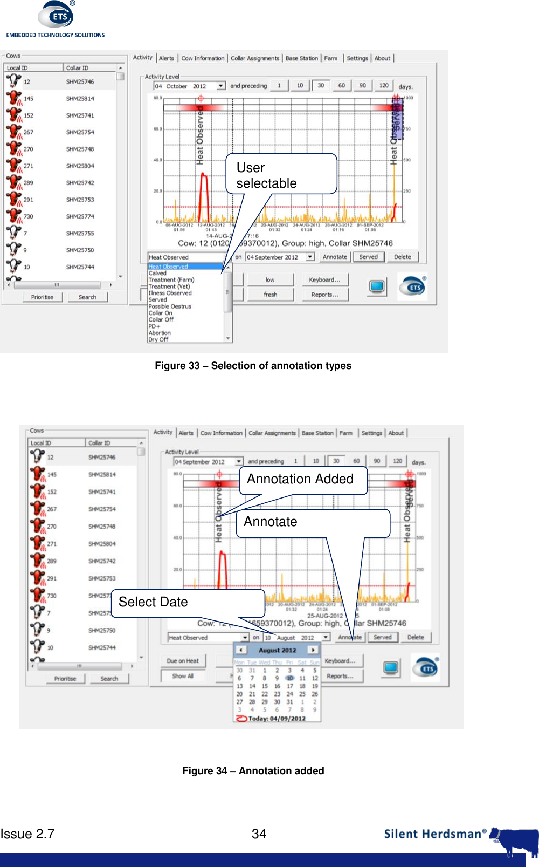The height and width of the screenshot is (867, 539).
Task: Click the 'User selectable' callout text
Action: pos(266,175)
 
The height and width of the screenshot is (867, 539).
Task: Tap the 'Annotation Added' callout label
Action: pos(300,479)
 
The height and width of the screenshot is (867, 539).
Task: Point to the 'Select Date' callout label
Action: pos(153,602)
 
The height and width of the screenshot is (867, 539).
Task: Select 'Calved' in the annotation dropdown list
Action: pos(158,274)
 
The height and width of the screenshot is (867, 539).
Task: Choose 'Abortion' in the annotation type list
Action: pos(160,333)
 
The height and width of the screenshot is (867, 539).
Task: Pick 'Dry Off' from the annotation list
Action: pos(158,339)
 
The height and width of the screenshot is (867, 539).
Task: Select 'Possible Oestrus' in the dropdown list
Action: pos(170,306)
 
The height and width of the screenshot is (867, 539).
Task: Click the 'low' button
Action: pos(270,279)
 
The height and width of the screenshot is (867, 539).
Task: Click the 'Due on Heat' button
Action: pos(183,661)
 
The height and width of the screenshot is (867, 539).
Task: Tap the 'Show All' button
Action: pos(183,676)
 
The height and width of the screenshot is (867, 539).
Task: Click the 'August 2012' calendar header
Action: pos(277,651)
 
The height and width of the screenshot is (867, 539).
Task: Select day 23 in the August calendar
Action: pos(277,694)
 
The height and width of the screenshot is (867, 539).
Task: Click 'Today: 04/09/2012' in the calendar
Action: pos(277,719)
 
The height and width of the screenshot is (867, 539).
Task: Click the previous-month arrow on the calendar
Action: pos(241,650)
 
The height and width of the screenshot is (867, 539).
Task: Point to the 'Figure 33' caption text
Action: pos(253,366)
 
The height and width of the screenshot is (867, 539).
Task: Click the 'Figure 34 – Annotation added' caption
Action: pos(253,771)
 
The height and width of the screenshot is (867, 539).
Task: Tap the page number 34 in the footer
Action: pos(259,834)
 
